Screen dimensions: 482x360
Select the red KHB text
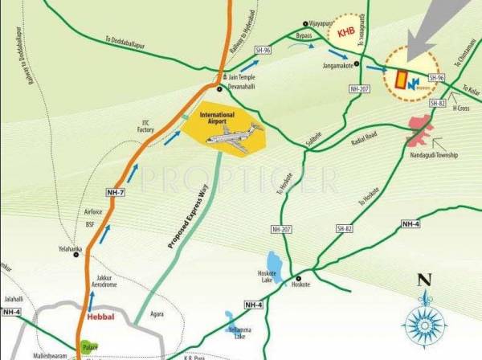347,33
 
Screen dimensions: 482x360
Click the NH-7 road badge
116,193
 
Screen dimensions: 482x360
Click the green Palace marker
88,348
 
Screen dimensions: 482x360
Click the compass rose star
424,325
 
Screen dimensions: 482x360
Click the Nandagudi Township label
434,155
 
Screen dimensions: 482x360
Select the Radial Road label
363,138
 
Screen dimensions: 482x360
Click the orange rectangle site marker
401,79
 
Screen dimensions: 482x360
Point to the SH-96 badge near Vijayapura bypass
262,50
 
